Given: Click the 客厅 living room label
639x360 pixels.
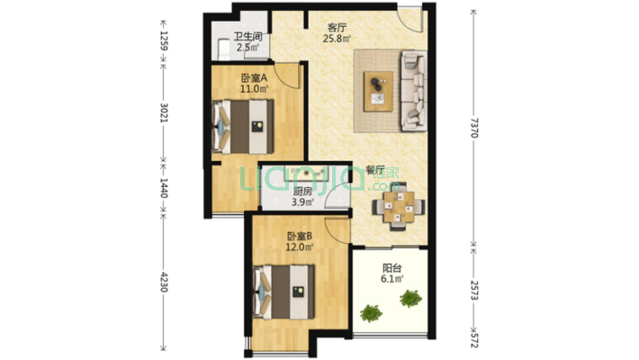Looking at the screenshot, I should (337, 27).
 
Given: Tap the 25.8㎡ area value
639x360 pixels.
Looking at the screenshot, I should (337, 39).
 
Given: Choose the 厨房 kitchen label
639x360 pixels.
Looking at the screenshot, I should (302, 192).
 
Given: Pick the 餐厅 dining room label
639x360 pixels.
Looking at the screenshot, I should (375, 170).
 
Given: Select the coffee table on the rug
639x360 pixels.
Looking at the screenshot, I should (377, 87).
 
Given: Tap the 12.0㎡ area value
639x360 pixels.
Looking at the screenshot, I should (301, 248).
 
